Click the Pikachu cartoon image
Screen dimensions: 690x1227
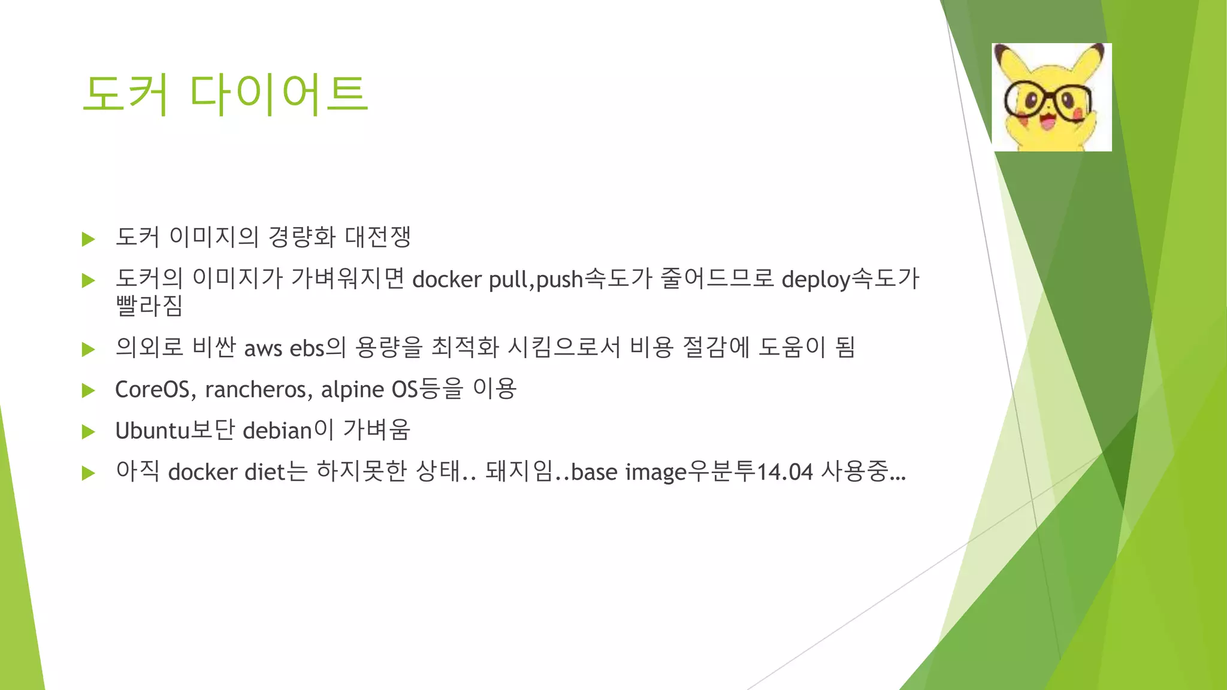pyautogui.click(x=1051, y=97)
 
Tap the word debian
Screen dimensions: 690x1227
pyautogui.click(x=277, y=431)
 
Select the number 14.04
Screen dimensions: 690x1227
pyautogui.click(x=785, y=473)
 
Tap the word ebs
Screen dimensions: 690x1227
pyautogui.click(x=307, y=349)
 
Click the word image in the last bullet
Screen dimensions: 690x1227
pyautogui.click(x=655, y=473)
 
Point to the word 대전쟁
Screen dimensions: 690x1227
pyautogui.click(x=377, y=237)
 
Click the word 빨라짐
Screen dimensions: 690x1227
pyautogui.click(x=149, y=307)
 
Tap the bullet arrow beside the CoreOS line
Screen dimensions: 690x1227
pyautogui.click(x=89, y=391)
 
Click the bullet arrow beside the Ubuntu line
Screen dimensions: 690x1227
pyautogui.click(x=89, y=432)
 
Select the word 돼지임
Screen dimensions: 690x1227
pyautogui.click(x=519, y=472)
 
